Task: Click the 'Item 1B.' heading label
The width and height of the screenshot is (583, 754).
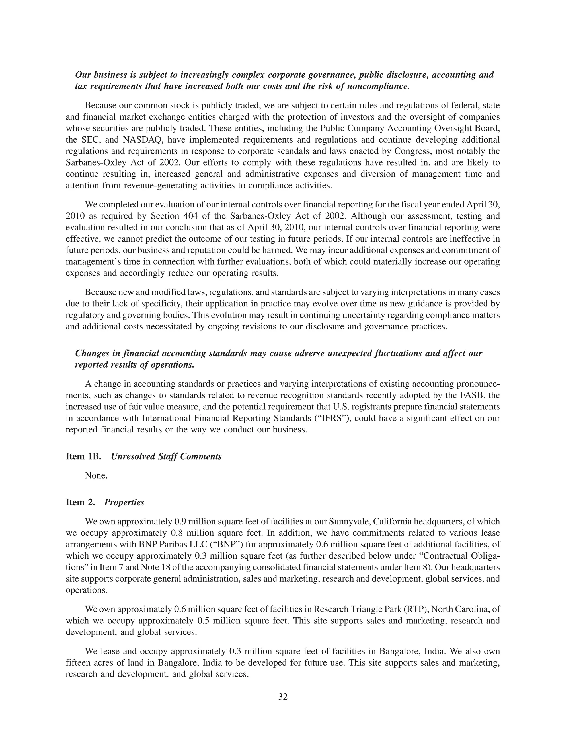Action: [x=83, y=456]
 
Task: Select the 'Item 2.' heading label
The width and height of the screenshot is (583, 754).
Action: [x=80, y=502]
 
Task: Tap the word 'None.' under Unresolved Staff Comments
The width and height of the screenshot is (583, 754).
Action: [x=96, y=475]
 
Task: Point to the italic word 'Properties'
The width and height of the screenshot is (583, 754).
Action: [x=124, y=502]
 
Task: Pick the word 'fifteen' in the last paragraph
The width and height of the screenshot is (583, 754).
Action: [x=78, y=663]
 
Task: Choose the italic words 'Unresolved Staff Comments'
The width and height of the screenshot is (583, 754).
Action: [x=166, y=456]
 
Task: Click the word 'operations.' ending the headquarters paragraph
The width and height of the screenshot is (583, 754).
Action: [x=86, y=590]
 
